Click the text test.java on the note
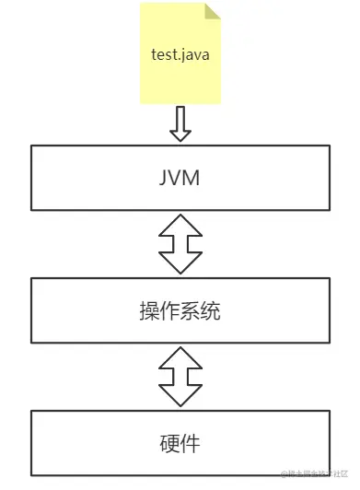[x=180, y=54]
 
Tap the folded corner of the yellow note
[x=213, y=11]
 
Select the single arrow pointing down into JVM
[x=180, y=124]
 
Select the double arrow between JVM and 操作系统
[x=180, y=244]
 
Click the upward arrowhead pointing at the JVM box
[x=180, y=224]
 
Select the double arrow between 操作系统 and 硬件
[x=180, y=378]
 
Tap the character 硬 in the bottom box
[x=169, y=444]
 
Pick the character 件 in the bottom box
[x=191, y=444]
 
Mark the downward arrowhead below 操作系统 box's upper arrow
[x=180, y=264]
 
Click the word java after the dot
[x=194, y=54]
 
